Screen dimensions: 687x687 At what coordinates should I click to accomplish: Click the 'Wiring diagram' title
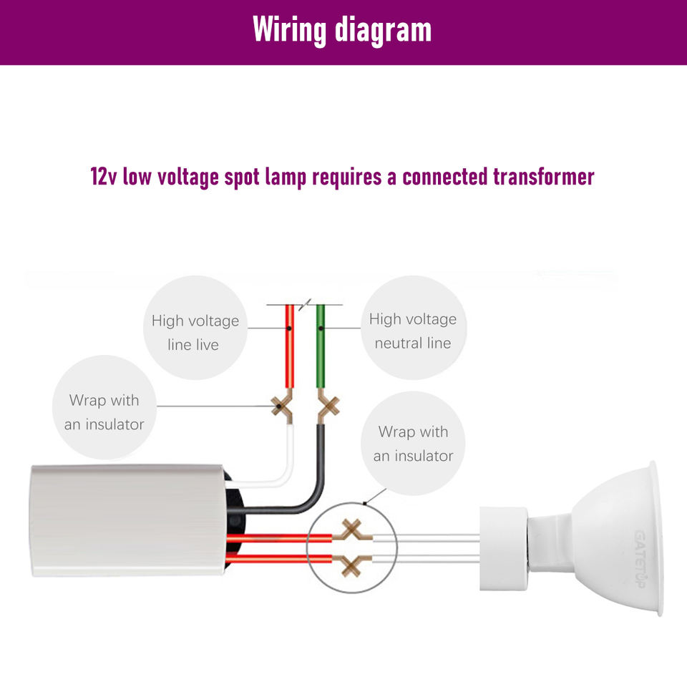coord(342,30)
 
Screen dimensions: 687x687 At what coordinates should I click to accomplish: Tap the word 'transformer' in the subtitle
coord(544,177)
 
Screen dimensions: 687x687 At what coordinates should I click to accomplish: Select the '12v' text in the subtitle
coord(103,177)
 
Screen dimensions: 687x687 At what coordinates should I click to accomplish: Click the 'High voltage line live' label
coord(195,333)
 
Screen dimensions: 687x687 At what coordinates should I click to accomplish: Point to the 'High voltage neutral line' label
coord(413,331)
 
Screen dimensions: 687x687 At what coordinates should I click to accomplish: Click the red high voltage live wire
coord(290,346)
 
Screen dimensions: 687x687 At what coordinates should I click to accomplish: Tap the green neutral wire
coord(321,346)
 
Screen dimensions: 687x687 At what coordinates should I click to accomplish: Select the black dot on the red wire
coord(289,328)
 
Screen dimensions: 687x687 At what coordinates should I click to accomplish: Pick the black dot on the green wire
coord(321,328)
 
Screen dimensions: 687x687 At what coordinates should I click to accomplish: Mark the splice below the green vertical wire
coord(328,407)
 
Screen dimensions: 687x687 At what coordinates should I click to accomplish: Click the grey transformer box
coord(127,520)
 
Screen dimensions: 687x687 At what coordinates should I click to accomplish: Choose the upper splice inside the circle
coord(352,531)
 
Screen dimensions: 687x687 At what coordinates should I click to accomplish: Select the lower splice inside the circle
coord(352,565)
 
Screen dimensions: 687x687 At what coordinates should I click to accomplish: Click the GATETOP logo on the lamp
coord(640,559)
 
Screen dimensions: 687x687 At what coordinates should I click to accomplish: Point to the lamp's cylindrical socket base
coord(503,549)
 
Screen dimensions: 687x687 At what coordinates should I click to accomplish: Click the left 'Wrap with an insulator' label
coord(104,412)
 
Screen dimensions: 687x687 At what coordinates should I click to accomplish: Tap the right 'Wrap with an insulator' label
coord(413,444)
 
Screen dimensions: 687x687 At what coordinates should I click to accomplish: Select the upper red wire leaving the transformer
coord(279,538)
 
